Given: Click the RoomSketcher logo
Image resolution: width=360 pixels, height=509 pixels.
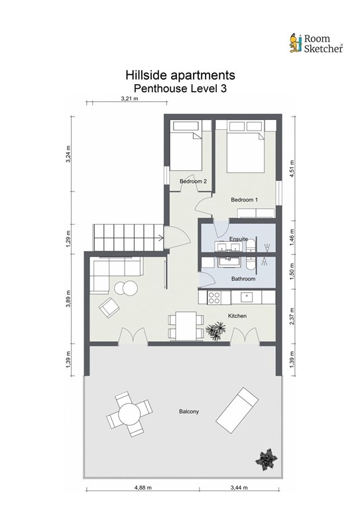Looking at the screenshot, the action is point(316,43).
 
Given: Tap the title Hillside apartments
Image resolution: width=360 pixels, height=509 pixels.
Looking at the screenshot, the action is point(180,75).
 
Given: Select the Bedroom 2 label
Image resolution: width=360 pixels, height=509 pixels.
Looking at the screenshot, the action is point(193,181).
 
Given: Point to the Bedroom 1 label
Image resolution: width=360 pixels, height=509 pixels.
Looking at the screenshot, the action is point(244,199).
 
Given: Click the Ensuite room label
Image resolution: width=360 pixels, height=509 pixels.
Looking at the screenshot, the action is point(239,239).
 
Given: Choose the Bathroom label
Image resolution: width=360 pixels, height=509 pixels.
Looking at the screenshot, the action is point(243,278).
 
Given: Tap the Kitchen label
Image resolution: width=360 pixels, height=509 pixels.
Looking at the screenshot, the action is point(237,315).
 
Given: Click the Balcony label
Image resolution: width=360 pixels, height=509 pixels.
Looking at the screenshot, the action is point(189,412).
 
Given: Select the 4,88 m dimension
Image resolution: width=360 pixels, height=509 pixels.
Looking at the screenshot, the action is point(143,487).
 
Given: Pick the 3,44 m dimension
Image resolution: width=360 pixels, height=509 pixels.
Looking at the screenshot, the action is point(239,487).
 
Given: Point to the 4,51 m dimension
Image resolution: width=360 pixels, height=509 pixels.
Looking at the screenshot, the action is point(292,169).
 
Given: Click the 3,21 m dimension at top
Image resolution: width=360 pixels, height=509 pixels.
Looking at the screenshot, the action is point(129,98).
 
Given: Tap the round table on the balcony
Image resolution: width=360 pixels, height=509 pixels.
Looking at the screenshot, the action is point(129,414).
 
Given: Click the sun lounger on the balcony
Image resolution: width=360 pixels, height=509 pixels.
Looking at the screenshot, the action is point(237,410).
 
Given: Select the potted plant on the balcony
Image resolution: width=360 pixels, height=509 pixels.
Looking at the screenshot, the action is point(266,459).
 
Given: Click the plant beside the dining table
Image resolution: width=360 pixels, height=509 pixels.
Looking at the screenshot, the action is point(216,331).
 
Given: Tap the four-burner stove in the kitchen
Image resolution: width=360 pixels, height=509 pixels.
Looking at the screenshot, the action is point(214,298).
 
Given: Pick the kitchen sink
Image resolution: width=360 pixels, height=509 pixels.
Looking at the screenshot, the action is point(247,297).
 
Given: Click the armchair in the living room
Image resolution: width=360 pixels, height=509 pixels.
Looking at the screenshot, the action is point(109,307).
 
